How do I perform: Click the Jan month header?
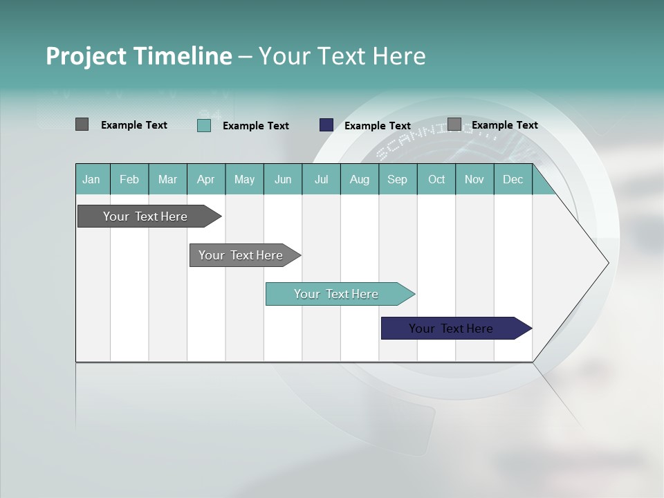tap(91, 179)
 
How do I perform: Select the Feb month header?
tap(129, 179)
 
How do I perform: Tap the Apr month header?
tap(205, 179)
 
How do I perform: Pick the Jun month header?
tap(282, 179)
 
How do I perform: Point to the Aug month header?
tap(359, 179)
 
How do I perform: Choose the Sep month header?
tap(397, 179)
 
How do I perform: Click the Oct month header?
tap(436, 179)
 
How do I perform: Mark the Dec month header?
tap(513, 179)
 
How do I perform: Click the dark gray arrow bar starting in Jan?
tap(145, 216)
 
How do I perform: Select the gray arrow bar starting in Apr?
tap(241, 255)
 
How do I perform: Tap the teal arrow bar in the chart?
tap(336, 294)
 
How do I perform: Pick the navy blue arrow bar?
tap(451, 329)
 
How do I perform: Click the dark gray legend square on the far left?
tap(82, 124)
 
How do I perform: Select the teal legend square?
tap(204, 125)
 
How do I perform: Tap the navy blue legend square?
tap(326, 125)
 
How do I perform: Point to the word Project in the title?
tap(86, 56)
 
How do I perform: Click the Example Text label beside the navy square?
tap(377, 126)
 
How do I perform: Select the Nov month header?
tap(474, 179)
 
